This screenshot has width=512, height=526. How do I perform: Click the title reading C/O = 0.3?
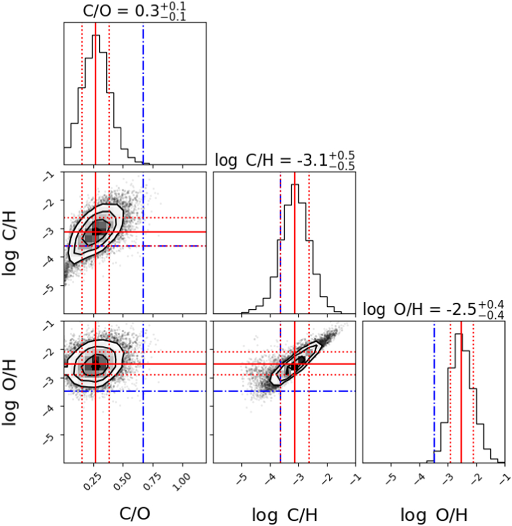135,11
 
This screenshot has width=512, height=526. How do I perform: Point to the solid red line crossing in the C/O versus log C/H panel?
95,232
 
